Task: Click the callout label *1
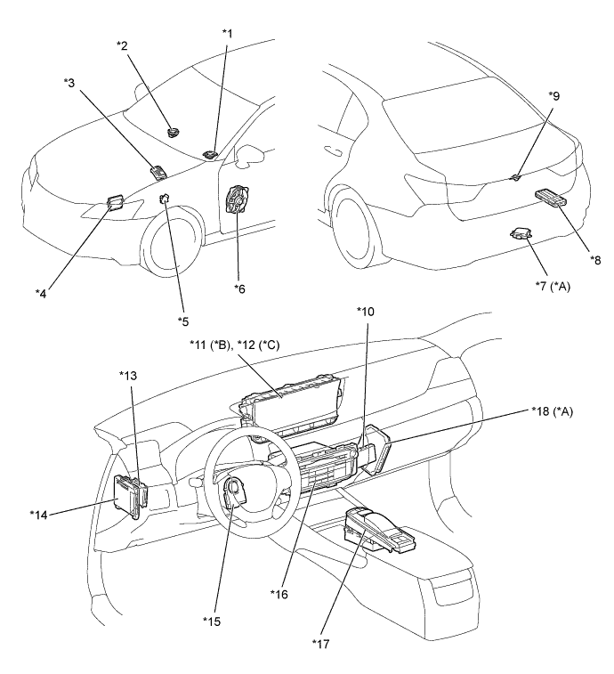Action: coord(227,34)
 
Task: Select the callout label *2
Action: coord(122,45)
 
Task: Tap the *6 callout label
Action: coord(239,288)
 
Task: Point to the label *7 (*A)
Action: coord(553,286)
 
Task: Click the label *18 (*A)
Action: coord(552,411)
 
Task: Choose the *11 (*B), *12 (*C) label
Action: coord(235,345)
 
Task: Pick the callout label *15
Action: coord(212,621)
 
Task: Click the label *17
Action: coord(321,644)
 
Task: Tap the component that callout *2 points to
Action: coord(174,132)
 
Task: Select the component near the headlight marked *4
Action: coord(115,201)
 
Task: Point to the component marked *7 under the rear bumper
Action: coord(521,233)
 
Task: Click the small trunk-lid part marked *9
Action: coord(515,176)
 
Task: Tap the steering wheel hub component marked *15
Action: coord(235,493)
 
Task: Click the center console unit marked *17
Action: coord(379,530)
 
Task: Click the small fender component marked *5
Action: coord(165,199)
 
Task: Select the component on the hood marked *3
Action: coord(158,171)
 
